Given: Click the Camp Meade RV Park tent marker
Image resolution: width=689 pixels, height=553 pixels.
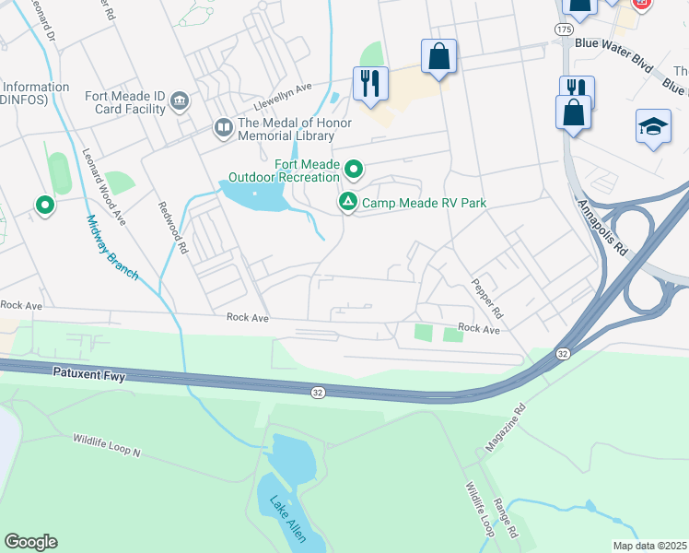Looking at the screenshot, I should click(347, 202).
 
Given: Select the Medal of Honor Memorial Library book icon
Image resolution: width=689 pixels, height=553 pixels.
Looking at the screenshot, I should click(223, 128).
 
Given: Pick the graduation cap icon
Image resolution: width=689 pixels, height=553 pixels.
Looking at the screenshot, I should click(653, 126).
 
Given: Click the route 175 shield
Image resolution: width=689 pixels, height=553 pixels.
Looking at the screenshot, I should click(564, 29).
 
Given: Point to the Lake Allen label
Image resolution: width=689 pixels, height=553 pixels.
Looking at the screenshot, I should click(286, 518).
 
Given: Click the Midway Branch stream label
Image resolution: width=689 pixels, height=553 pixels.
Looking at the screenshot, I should click(111, 247).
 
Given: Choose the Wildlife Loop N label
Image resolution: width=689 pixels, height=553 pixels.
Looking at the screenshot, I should click(107, 446).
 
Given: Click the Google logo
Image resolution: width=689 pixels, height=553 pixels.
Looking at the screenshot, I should click(30, 541).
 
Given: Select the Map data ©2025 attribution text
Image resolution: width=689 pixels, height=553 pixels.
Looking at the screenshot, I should click(650, 546).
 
